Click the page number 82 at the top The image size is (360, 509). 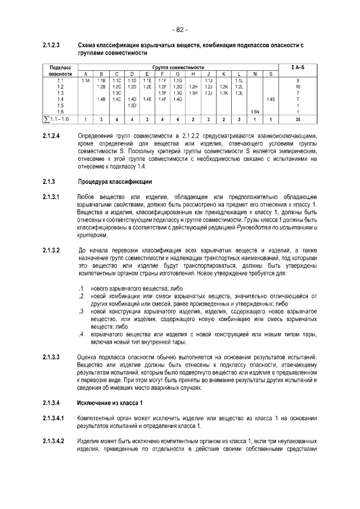click(180, 29)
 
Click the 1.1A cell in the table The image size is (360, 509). click(85, 81)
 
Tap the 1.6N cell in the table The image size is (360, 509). click(255, 112)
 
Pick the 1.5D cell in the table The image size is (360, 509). click(132, 106)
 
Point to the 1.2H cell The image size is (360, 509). click(193, 87)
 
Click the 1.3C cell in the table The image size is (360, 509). click(116, 93)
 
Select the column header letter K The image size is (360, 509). click(223, 74)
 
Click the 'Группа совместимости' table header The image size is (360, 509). click(177, 68)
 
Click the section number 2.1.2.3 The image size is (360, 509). click(52, 44)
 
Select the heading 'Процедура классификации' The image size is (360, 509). click(115, 182)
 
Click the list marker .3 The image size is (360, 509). click(81, 311)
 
